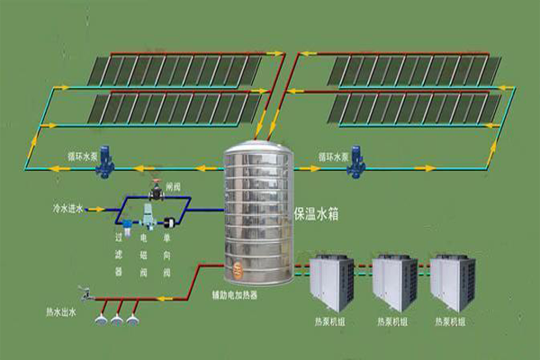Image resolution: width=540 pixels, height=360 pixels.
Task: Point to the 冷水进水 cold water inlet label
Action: coord(68,209)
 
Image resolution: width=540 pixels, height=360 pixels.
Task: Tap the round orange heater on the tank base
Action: coord(238,267)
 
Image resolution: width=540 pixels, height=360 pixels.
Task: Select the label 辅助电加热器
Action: coord(252,294)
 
